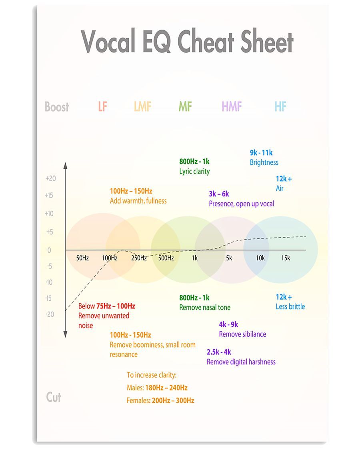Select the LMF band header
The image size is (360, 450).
pyautogui.click(x=142, y=106)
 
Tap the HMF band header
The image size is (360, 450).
pyautogui.click(x=232, y=106)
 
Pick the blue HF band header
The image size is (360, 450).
pyautogui.click(x=280, y=106)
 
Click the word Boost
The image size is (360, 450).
pyautogui.click(x=57, y=107)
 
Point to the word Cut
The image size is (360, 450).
pyautogui.click(x=53, y=397)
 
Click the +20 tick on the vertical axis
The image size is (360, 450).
pyautogui.click(x=51, y=178)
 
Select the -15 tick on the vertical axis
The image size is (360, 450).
pyautogui.click(x=48, y=298)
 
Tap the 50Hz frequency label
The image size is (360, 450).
pyautogui.click(x=82, y=258)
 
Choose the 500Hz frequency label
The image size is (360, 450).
pyautogui.click(x=166, y=258)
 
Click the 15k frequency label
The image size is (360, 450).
pyautogui.click(x=286, y=258)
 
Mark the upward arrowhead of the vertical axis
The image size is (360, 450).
pyautogui.click(x=66, y=166)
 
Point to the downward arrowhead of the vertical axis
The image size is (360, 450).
pyautogui.click(x=66, y=334)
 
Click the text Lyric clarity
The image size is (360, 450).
pyautogui.click(x=195, y=171)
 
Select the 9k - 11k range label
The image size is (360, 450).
pyautogui.click(x=261, y=153)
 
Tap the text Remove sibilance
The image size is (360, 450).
pyautogui.click(x=242, y=334)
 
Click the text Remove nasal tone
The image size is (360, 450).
pyautogui.click(x=205, y=307)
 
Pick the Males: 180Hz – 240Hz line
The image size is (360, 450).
pyautogui.click(x=157, y=388)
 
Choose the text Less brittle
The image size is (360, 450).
pyautogui.click(x=290, y=306)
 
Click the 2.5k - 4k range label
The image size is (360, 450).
pyautogui.click(x=219, y=352)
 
